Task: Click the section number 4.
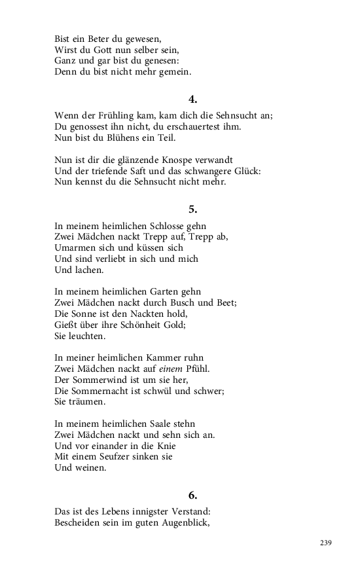[192, 99]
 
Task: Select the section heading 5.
[192, 209]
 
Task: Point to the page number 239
[326, 543]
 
